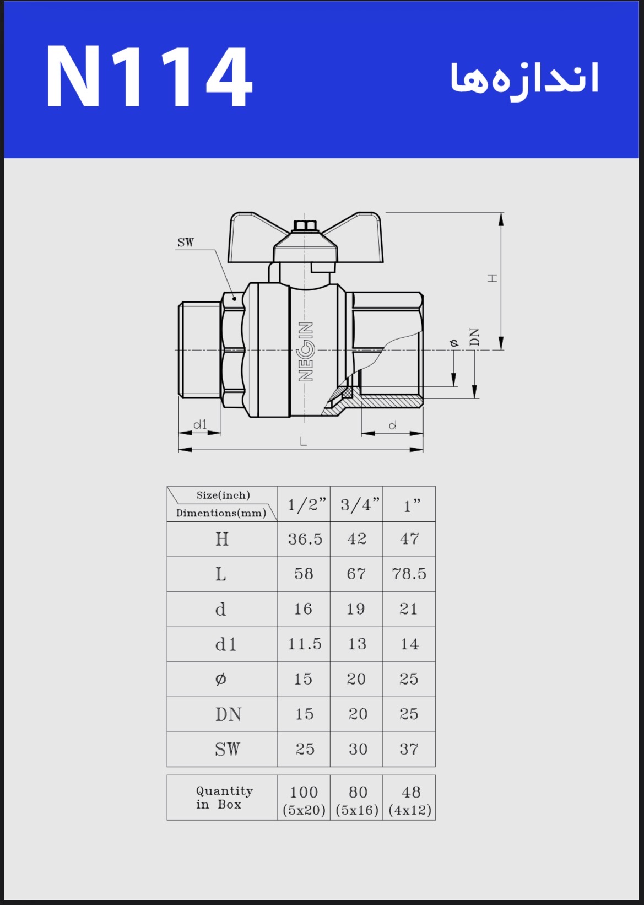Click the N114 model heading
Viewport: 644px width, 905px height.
point(149,76)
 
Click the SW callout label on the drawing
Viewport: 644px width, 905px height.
point(185,243)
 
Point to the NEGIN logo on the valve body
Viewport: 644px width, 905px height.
point(305,352)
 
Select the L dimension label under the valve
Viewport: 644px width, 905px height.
point(303,441)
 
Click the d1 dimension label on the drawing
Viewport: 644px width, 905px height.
point(200,424)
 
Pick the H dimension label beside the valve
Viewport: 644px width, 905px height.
point(492,278)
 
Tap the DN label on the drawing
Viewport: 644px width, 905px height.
point(475,337)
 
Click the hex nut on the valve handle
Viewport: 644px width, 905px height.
point(305,226)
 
